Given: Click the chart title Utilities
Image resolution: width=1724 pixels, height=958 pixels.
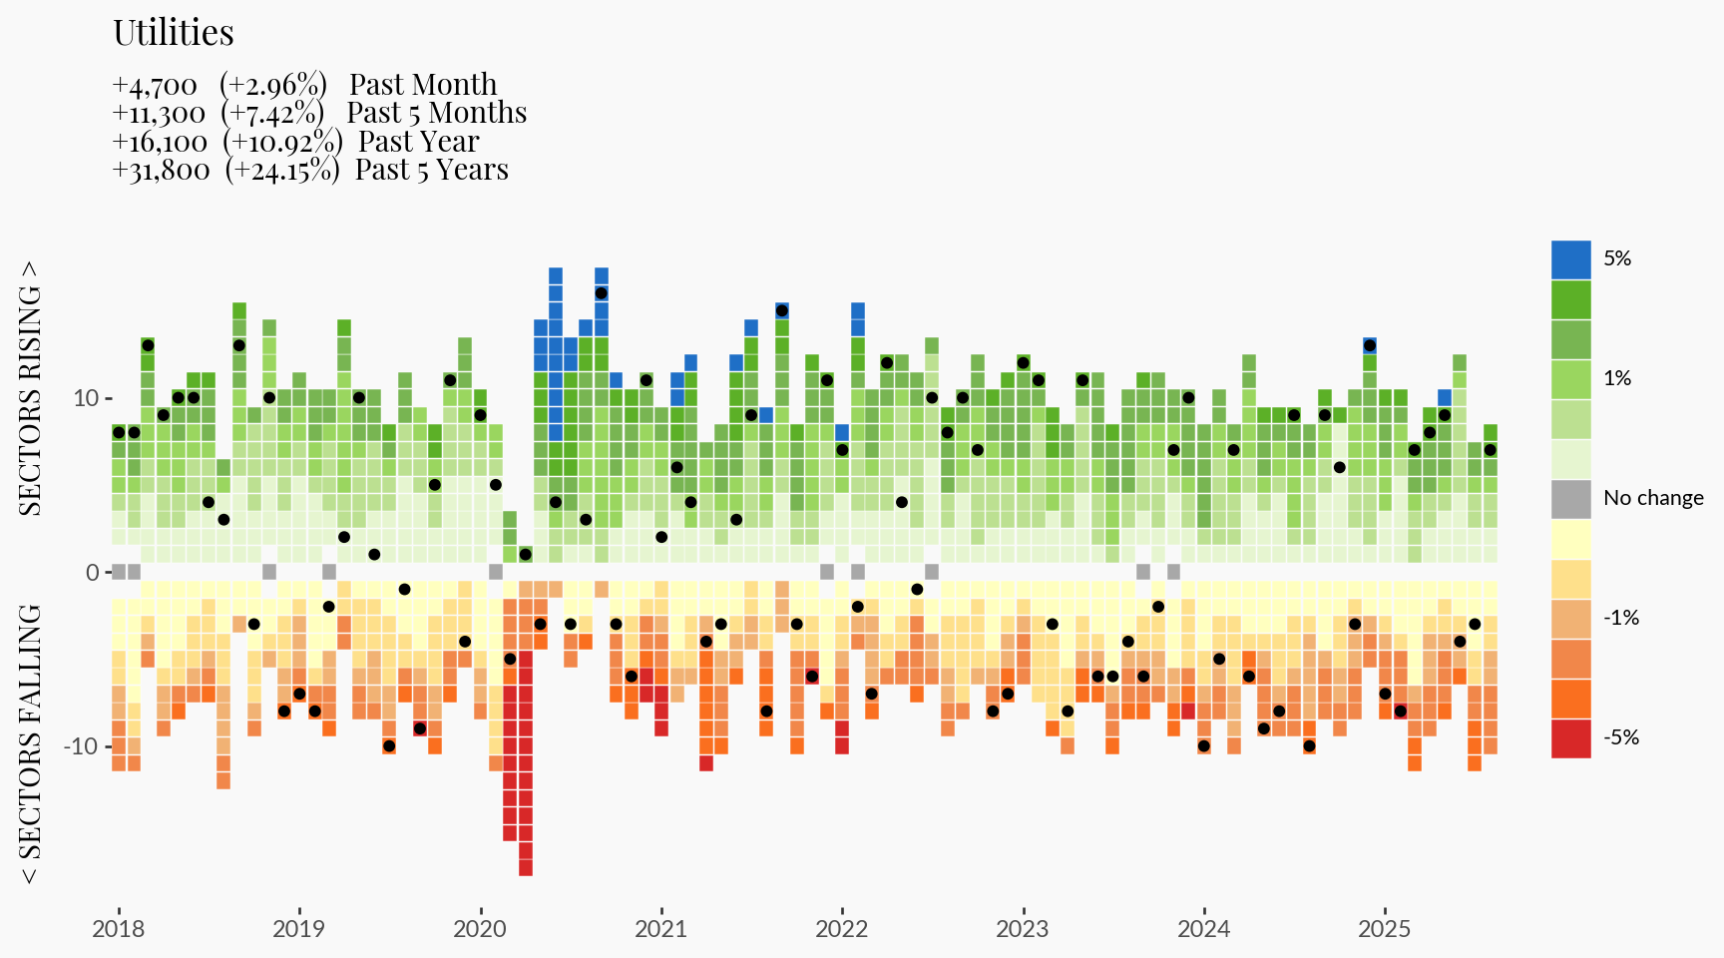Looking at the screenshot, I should (x=174, y=33).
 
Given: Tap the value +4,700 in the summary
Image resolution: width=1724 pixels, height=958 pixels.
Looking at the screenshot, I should (x=155, y=86).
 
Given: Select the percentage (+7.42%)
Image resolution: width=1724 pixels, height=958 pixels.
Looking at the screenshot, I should (x=272, y=114).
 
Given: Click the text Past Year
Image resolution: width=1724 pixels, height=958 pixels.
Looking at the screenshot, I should (x=418, y=142).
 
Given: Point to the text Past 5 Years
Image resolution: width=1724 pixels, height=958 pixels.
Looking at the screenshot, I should (x=431, y=170).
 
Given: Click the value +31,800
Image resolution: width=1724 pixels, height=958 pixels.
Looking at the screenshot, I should (x=162, y=171).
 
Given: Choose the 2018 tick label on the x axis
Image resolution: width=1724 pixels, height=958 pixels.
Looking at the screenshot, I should (x=119, y=929).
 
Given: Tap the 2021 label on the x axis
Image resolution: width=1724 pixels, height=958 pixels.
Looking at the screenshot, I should (x=660, y=929).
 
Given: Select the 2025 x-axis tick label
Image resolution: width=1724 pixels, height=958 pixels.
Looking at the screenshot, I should (x=1384, y=929).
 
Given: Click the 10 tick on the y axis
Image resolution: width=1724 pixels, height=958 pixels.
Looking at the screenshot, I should (x=86, y=398).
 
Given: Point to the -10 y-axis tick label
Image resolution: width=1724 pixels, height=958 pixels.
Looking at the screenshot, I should (x=82, y=746).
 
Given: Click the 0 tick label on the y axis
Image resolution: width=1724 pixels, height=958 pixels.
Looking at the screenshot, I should (x=93, y=572).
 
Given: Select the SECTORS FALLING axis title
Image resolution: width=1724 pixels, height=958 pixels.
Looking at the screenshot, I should (x=31, y=743).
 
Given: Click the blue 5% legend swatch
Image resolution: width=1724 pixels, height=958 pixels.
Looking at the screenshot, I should (x=1570, y=259).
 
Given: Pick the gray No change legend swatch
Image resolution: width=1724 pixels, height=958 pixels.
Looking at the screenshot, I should (x=1570, y=499).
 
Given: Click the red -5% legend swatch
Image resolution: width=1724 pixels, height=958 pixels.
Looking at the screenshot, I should (x=1570, y=738).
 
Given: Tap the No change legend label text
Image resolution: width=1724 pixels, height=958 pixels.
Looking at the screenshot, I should (x=1653, y=498).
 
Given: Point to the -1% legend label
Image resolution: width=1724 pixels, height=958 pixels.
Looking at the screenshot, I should (x=1621, y=618).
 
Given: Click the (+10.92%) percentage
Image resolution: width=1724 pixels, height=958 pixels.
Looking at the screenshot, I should (x=282, y=142).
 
